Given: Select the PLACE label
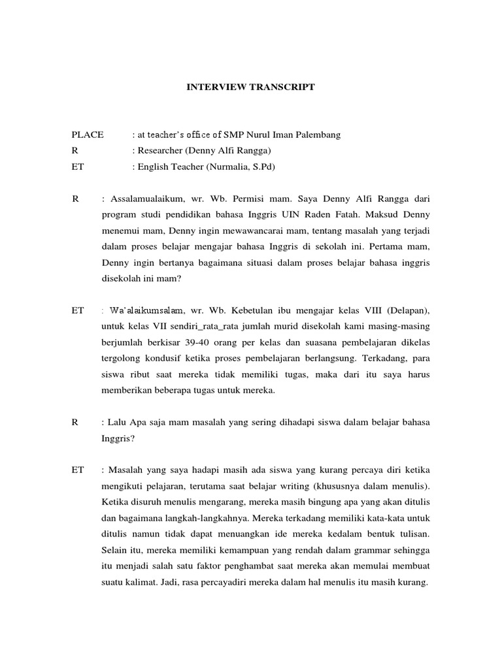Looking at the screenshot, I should [x=88, y=135].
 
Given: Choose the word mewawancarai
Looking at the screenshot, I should [x=223, y=231].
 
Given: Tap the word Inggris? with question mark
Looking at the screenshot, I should [x=118, y=438].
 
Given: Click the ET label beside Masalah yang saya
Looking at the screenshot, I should [x=78, y=470].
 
